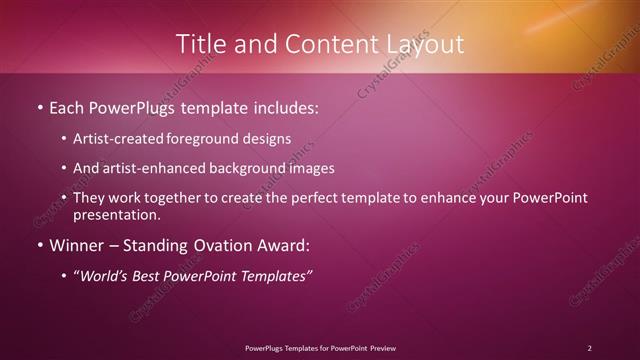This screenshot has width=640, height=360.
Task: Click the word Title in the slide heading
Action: pos(199,44)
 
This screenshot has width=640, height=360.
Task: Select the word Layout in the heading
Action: pos(424,44)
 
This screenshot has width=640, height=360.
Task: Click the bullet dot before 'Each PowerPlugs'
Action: pos(39,105)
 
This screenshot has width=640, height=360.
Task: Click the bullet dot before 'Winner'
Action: pos(39,245)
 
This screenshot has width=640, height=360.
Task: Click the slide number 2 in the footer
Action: pos(589,347)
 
